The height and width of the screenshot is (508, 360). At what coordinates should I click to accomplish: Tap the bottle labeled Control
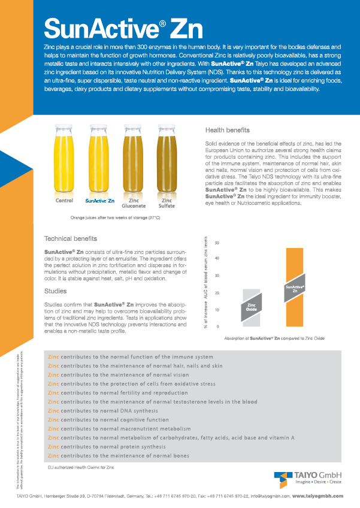click(64, 159)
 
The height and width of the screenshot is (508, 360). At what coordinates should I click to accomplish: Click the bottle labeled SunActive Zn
click(99, 159)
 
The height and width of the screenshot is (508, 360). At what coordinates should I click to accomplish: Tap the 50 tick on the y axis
click(233, 243)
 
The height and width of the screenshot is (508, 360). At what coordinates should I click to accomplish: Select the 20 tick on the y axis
click(233, 293)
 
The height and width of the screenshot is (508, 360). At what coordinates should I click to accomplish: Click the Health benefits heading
click(228, 129)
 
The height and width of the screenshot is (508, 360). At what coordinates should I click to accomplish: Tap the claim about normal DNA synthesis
click(107, 413)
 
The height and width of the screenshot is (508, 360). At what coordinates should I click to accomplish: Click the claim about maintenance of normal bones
click(119, 456)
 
